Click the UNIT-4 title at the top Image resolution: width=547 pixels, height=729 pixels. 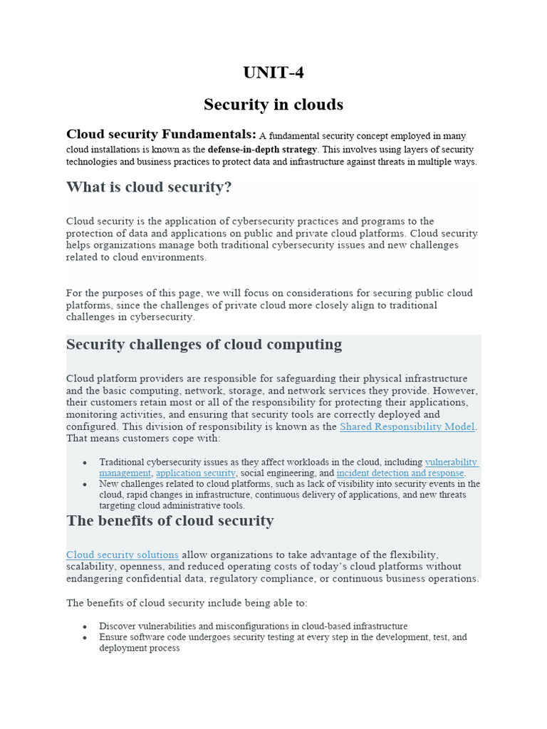273,73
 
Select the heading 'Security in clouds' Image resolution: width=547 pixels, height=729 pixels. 273,105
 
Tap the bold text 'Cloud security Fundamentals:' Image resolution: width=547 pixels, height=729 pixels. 161,134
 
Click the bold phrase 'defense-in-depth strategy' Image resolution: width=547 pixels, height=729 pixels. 262,150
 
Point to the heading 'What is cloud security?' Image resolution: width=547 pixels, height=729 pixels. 149,187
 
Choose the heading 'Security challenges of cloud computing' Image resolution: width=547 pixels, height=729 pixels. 204,345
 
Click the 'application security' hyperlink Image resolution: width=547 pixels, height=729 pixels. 195,473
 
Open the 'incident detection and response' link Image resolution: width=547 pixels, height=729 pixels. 400,473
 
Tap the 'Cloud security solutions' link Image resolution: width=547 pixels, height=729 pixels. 123,555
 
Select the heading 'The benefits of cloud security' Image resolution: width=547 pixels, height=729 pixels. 170,520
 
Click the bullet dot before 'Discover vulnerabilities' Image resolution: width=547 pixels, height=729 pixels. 84,627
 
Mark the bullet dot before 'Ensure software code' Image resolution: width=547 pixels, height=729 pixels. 84,638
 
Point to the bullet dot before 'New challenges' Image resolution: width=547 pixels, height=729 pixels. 84,485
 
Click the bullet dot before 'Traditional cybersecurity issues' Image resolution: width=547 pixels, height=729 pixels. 84,463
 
